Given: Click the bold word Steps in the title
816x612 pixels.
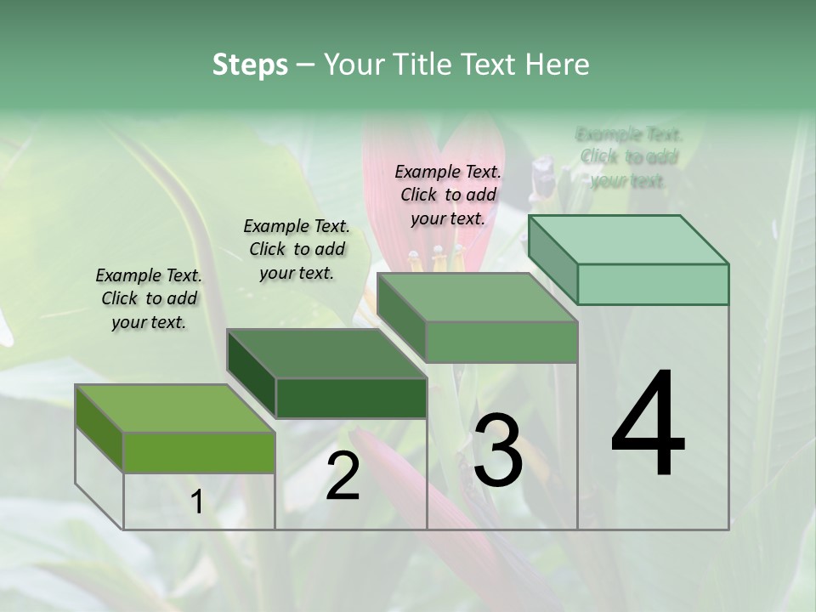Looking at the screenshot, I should click(x=250, y=65).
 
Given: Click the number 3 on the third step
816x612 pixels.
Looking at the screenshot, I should click(x=497, y=450).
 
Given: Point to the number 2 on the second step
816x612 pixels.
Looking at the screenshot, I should click(x=343, y=476).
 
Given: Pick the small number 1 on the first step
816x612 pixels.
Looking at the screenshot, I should click(x=197, y=502).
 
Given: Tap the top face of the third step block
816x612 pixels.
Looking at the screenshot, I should click(x=477, y=297).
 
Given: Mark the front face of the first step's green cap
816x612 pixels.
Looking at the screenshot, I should click(x=199, y=452).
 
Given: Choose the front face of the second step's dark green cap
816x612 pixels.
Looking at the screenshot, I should click(x=351, y=398).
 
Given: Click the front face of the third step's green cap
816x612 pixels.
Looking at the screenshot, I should click(x=501, y=342).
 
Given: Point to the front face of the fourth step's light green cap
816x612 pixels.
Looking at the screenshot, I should click(x=653, y=284).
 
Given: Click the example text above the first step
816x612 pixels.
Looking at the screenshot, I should click(x=149, y=298).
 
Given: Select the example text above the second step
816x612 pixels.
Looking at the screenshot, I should click(x=297, y=249).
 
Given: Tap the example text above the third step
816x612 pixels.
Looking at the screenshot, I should click(x=448, y=195).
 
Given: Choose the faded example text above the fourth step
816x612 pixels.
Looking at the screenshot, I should click(x=628, y=157).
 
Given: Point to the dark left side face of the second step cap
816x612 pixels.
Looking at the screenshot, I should click(x=252, y=374).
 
